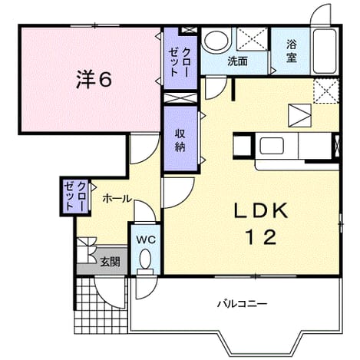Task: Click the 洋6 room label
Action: pos(94,79)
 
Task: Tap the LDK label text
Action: pos(261,211)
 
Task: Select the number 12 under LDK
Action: pos(262,237)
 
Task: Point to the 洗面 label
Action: pos(238,61)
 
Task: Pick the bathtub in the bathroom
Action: pos(325,51)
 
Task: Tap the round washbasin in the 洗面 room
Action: pos(216,41)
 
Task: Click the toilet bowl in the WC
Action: pos(146,259)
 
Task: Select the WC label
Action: pos(146,240)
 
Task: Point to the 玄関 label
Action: pos(110,262)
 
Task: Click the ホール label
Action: pos(117,199)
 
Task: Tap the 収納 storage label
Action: pos(180,140)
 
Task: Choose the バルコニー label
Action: pos(243,304)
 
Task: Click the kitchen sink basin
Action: pos(272,146)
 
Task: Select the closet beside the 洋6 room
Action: pos(180,58)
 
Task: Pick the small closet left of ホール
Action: pos(76,197)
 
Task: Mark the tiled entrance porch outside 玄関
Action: pos(101,306)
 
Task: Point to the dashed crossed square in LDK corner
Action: pos(326,91)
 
